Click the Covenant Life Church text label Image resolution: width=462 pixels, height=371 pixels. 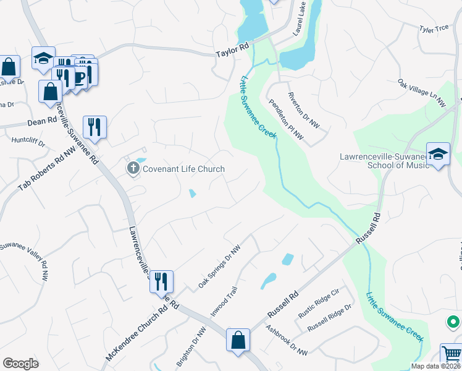183,169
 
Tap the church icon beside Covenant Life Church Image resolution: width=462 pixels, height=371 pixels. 133,168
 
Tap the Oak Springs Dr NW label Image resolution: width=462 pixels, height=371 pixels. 219,265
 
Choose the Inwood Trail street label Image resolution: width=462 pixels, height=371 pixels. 223,297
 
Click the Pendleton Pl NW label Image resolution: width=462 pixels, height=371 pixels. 286,117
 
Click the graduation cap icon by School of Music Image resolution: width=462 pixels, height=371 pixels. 438,154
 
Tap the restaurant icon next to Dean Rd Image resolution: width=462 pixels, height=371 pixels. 94,126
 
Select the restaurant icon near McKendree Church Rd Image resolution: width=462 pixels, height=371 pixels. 161,281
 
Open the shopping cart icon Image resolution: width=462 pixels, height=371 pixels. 451,354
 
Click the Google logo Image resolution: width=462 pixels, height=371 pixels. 20,364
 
